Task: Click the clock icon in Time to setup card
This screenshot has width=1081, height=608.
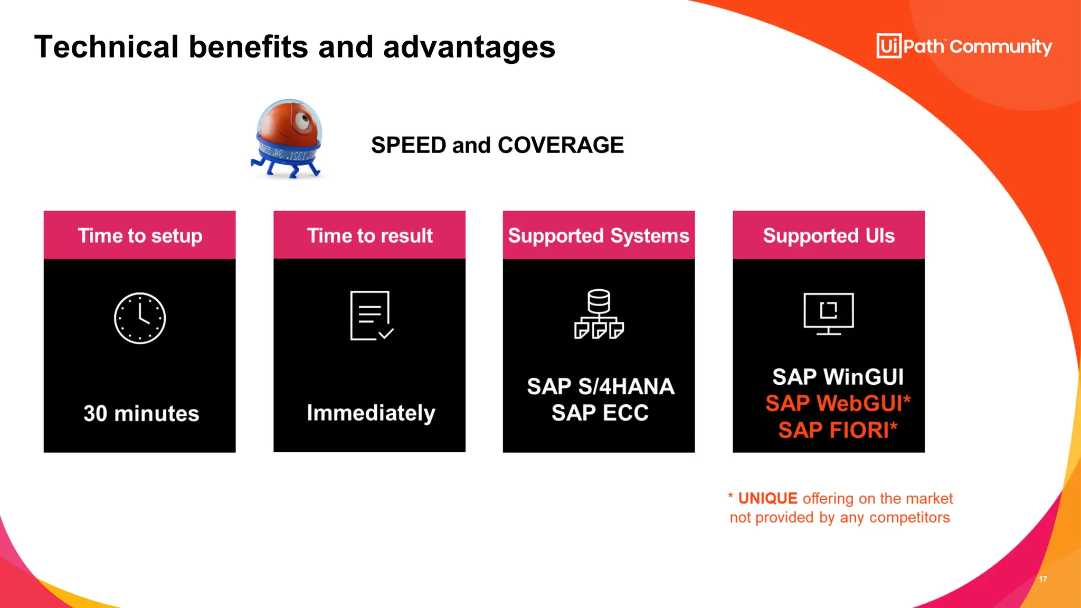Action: coord(140,318)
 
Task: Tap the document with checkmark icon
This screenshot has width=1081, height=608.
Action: coord(371,316)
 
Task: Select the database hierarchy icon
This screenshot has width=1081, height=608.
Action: coord(599,315)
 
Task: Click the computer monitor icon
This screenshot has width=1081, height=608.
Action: coord(829,313)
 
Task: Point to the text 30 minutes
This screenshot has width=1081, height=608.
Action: coord(141,413)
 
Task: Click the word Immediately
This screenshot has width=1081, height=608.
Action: coord(371,413)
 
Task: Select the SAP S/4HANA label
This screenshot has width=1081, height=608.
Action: coord(600,386)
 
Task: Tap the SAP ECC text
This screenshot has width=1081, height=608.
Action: coord(600,413)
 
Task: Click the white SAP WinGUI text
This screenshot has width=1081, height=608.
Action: coord(838,377)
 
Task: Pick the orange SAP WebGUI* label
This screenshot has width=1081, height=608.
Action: coord(838,403)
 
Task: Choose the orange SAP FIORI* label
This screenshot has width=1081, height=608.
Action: coord(838,430)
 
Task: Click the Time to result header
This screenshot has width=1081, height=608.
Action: coord(369,235)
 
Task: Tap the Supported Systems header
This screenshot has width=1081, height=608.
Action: coord(599,235)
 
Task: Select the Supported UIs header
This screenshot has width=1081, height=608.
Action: coord(829,235)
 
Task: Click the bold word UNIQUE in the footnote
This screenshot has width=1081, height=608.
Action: coord(767,498)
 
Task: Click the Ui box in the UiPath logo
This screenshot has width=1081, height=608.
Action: coord(889,46)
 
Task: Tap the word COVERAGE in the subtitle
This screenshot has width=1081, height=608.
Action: coord(561,145)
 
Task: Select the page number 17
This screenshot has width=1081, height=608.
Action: coord(1043,579)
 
